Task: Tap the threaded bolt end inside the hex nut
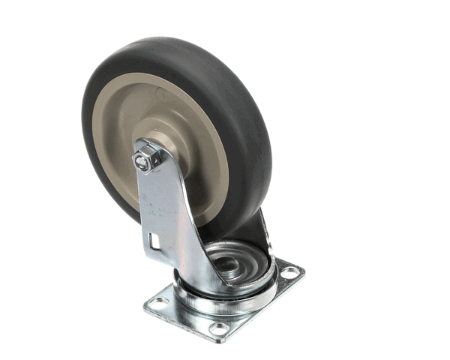142,159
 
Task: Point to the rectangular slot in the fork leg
154,241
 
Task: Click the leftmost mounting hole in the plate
158,302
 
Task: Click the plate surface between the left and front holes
184,317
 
